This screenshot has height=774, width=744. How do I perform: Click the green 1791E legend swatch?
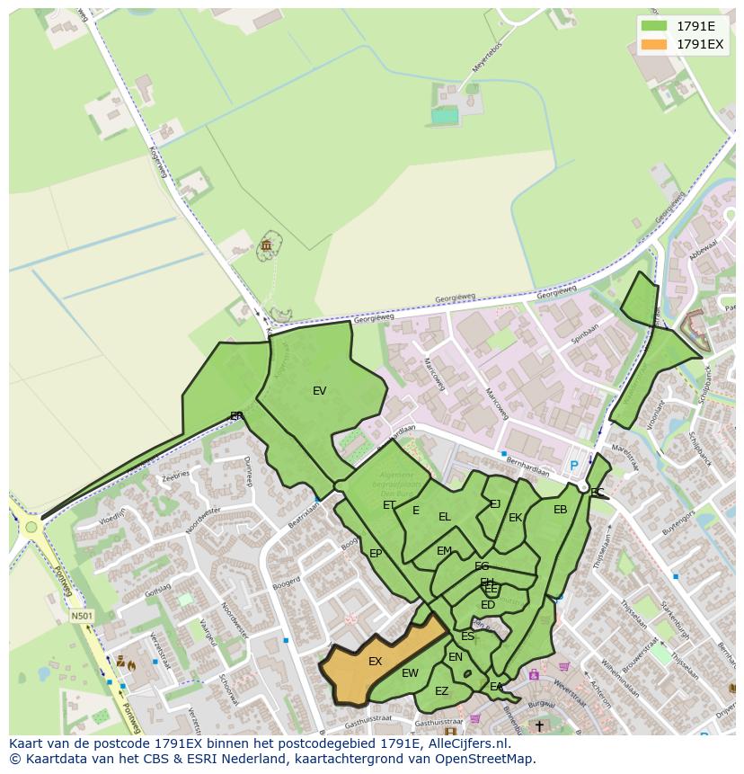tap(654, 26)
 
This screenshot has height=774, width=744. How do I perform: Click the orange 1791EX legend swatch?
tap(654, 44)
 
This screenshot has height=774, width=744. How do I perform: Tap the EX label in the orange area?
tap(376, 662)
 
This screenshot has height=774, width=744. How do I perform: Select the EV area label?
tap(319, 391)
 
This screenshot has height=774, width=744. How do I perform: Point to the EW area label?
tap(410, 673)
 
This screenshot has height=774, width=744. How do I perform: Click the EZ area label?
tap(441, 691)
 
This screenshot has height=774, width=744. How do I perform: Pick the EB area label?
tap(560, 510)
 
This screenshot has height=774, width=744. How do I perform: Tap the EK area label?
tap(515, 518)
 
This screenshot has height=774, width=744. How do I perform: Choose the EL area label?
tap(444, 517)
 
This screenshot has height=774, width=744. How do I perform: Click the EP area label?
tap(376, 554)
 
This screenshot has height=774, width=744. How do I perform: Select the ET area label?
tap(389, 505)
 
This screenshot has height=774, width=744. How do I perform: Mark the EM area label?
tap(444, 551)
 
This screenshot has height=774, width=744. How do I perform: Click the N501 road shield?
tap(82, 617)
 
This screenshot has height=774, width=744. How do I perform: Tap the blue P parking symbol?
tap(574, 466)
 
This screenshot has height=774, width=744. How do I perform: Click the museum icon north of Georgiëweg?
tap(267, 245)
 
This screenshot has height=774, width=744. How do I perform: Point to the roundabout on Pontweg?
tap(32, 527)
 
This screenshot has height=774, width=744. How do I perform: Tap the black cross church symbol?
tap(539, 725)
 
